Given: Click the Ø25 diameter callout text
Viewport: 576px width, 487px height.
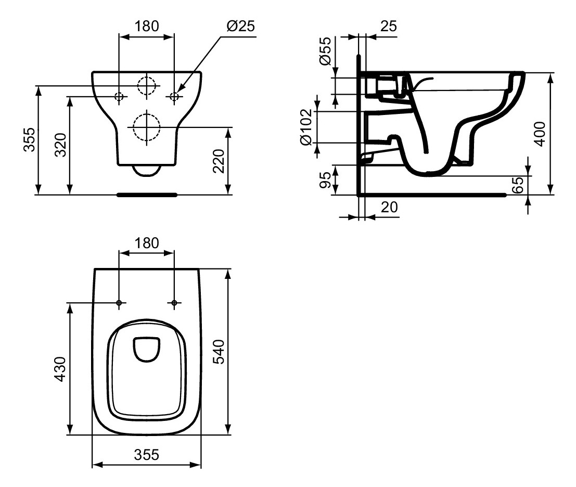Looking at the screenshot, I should click(241, 26).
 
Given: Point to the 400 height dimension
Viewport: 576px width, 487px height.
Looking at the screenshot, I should click(540, 134).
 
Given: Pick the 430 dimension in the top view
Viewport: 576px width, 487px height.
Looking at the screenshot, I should click(61, 369).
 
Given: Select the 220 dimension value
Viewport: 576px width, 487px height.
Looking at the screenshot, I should click(219, 161).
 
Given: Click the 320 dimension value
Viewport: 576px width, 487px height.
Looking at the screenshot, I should click(61, 146).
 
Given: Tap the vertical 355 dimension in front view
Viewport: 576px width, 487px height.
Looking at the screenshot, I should click(29, 139).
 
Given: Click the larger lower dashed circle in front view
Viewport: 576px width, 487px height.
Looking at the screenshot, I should click(146, 126).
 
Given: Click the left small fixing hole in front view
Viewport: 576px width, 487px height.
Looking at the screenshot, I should click(119, 96).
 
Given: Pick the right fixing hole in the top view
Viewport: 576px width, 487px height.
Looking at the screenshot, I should click(174, 303).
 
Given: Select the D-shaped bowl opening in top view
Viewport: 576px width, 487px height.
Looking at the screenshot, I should click(147, 349).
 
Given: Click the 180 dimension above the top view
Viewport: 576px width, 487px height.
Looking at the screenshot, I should click(146, 242).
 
